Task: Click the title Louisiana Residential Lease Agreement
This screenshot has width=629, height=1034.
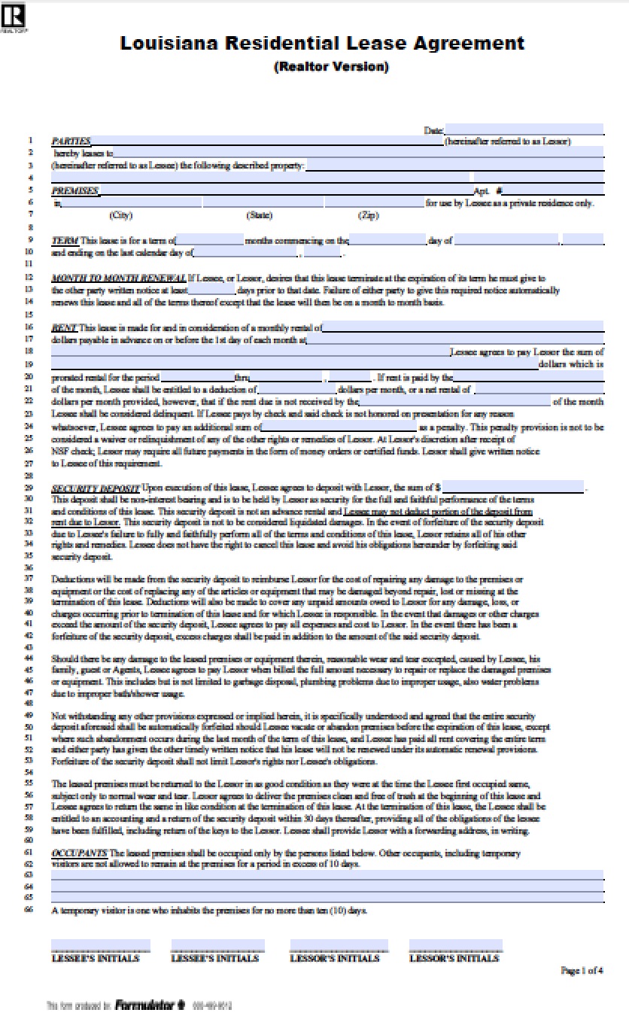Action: pos(322,44)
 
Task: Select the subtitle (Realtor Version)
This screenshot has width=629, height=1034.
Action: pos(331,67)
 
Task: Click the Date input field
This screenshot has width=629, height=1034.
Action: pos(524,129)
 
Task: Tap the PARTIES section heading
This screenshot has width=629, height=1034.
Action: pos(71,141)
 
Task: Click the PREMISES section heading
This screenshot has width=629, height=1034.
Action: pos(74,191)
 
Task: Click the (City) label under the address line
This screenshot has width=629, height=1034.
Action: pos(120,215)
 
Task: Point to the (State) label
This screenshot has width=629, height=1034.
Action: pos(259,215)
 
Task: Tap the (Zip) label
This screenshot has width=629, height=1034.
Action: pos(368,215)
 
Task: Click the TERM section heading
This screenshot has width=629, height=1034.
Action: pos(64,240)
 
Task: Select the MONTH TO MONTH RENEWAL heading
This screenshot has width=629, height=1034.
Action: pos(118,278)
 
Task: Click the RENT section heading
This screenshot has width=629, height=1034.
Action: pos(64,327)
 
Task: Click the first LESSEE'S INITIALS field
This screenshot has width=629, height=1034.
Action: pos(100,945)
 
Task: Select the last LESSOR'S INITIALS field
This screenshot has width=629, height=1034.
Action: pos(455,945)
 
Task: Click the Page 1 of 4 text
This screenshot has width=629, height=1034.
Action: pos(581,970)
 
